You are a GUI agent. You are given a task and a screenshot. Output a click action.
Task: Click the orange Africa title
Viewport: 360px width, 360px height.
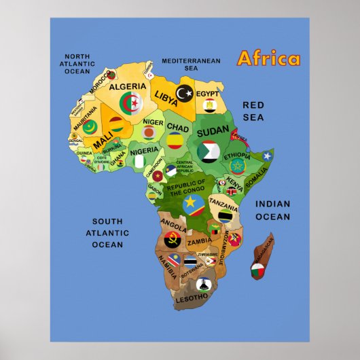268,58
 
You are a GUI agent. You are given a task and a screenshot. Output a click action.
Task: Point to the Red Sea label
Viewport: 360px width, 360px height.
253,111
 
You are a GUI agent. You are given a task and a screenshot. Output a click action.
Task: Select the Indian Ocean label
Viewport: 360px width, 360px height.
272,210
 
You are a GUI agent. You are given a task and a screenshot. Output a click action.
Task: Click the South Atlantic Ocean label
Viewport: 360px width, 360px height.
107,232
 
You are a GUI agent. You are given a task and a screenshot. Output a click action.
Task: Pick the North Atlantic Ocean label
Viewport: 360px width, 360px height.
77,63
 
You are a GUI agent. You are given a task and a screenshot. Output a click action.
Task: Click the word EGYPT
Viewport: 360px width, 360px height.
208,94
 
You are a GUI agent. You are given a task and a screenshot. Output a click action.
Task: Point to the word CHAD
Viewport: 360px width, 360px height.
178,127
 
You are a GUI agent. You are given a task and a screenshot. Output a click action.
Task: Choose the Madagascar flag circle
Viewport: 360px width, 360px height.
258,272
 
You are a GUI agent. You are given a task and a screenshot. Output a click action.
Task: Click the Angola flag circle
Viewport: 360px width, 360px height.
171,239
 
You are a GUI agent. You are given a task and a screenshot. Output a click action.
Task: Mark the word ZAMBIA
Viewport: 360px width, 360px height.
199,240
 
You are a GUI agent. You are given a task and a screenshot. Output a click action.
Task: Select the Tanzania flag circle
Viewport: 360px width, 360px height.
226,216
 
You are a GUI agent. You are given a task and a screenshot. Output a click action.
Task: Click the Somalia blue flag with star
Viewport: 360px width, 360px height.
266,157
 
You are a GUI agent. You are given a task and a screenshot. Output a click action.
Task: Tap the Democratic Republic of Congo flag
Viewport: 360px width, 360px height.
192,204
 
